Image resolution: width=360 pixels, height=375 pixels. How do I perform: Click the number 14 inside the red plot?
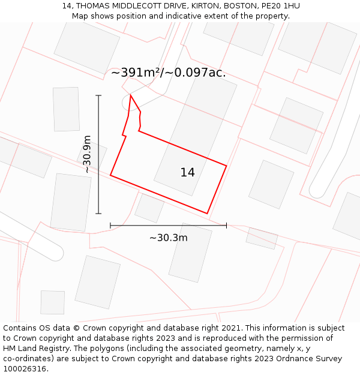point(187,173)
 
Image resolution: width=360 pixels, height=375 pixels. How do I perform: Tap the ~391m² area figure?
point(137,73)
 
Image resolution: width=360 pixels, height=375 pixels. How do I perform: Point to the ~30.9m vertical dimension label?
point(87,154)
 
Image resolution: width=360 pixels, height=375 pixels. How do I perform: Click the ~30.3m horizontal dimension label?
point(168,238)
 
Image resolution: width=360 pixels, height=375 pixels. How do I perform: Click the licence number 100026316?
point(24,369)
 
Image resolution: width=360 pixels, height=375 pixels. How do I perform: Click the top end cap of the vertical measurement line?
point(98,95)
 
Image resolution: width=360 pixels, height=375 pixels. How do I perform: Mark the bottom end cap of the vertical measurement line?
point(98,213)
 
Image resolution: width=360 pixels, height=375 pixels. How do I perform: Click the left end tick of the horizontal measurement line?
point(110,226)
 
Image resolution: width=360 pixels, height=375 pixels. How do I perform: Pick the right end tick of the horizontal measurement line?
point(226,226)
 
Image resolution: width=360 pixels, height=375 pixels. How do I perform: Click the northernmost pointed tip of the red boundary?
point(130,95)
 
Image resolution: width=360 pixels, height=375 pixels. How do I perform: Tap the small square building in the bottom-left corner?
point(52,302)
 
